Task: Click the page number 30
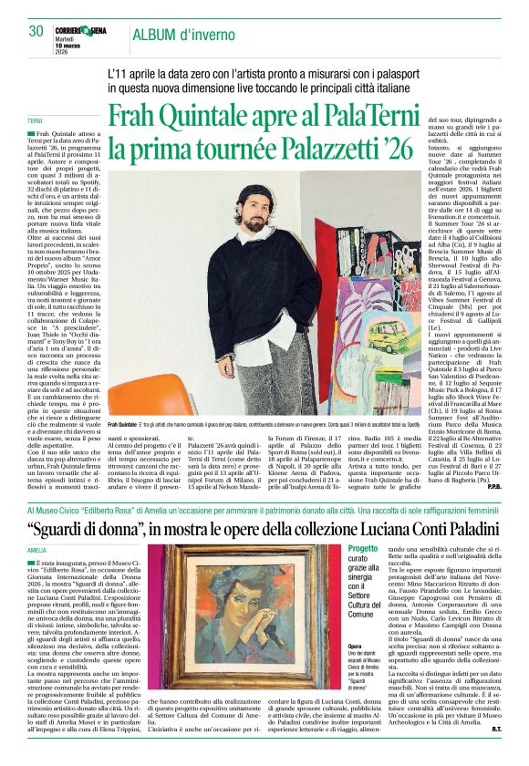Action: (36, 30)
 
